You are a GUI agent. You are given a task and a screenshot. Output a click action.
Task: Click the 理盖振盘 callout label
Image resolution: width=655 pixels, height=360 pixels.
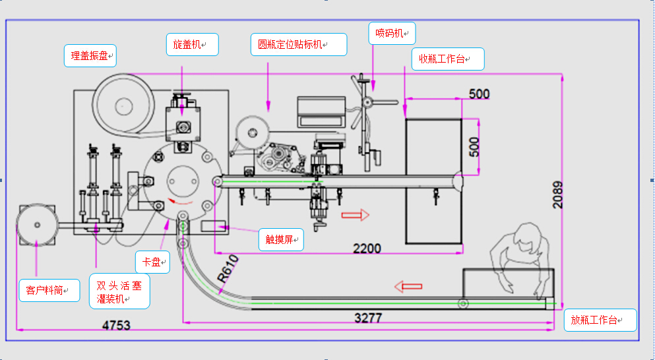(90, 55)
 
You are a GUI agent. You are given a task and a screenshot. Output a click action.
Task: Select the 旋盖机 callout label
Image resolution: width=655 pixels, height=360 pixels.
(191, 44)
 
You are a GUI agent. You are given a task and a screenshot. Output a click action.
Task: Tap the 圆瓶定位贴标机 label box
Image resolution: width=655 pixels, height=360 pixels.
(299, 44)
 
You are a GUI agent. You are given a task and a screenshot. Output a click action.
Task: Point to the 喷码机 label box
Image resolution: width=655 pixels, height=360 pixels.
(392, 33)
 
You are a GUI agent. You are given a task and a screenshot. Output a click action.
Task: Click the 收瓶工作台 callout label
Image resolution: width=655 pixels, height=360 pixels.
(447, 59)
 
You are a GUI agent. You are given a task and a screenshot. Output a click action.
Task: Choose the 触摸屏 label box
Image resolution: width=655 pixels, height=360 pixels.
(281, 239)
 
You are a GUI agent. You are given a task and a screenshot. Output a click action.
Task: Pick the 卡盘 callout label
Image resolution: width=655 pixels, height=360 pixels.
(152, 262)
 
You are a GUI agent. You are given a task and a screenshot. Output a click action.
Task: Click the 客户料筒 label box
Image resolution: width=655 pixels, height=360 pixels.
(49, 289)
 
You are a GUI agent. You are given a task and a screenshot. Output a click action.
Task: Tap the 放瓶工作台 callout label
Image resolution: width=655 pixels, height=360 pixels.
(600, 320)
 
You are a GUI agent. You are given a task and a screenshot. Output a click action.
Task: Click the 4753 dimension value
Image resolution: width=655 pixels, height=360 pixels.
(116, 325)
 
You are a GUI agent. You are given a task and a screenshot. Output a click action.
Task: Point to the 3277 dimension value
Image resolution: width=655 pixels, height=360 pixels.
(368, 318)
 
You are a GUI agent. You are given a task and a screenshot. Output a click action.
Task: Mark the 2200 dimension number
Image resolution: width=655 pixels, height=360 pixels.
(367, 249)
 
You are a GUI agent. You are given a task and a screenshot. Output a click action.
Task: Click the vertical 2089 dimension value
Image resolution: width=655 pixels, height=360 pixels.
(558, 195)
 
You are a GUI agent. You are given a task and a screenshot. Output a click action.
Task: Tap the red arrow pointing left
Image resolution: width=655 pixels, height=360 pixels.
(408, 286)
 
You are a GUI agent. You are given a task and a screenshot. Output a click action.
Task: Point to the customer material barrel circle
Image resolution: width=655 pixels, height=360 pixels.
(36, 225)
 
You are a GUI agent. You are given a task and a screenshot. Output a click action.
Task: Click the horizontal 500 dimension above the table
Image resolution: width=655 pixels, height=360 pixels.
(479, 94)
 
